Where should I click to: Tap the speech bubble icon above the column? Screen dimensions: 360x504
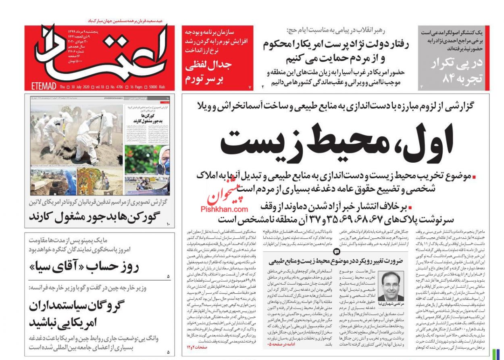(x=336, y=251)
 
